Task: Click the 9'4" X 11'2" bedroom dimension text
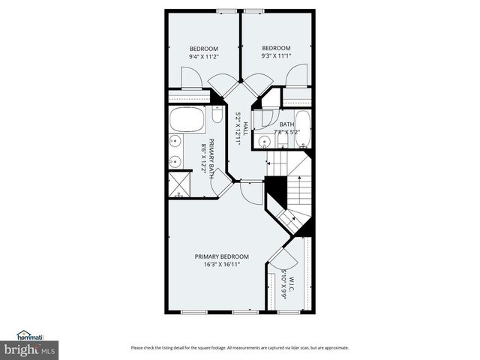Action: coord(202,56)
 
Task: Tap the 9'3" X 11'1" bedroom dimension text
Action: coord(275,56)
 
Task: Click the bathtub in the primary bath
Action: coord(186,119)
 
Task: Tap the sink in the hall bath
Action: coord(264,141)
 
